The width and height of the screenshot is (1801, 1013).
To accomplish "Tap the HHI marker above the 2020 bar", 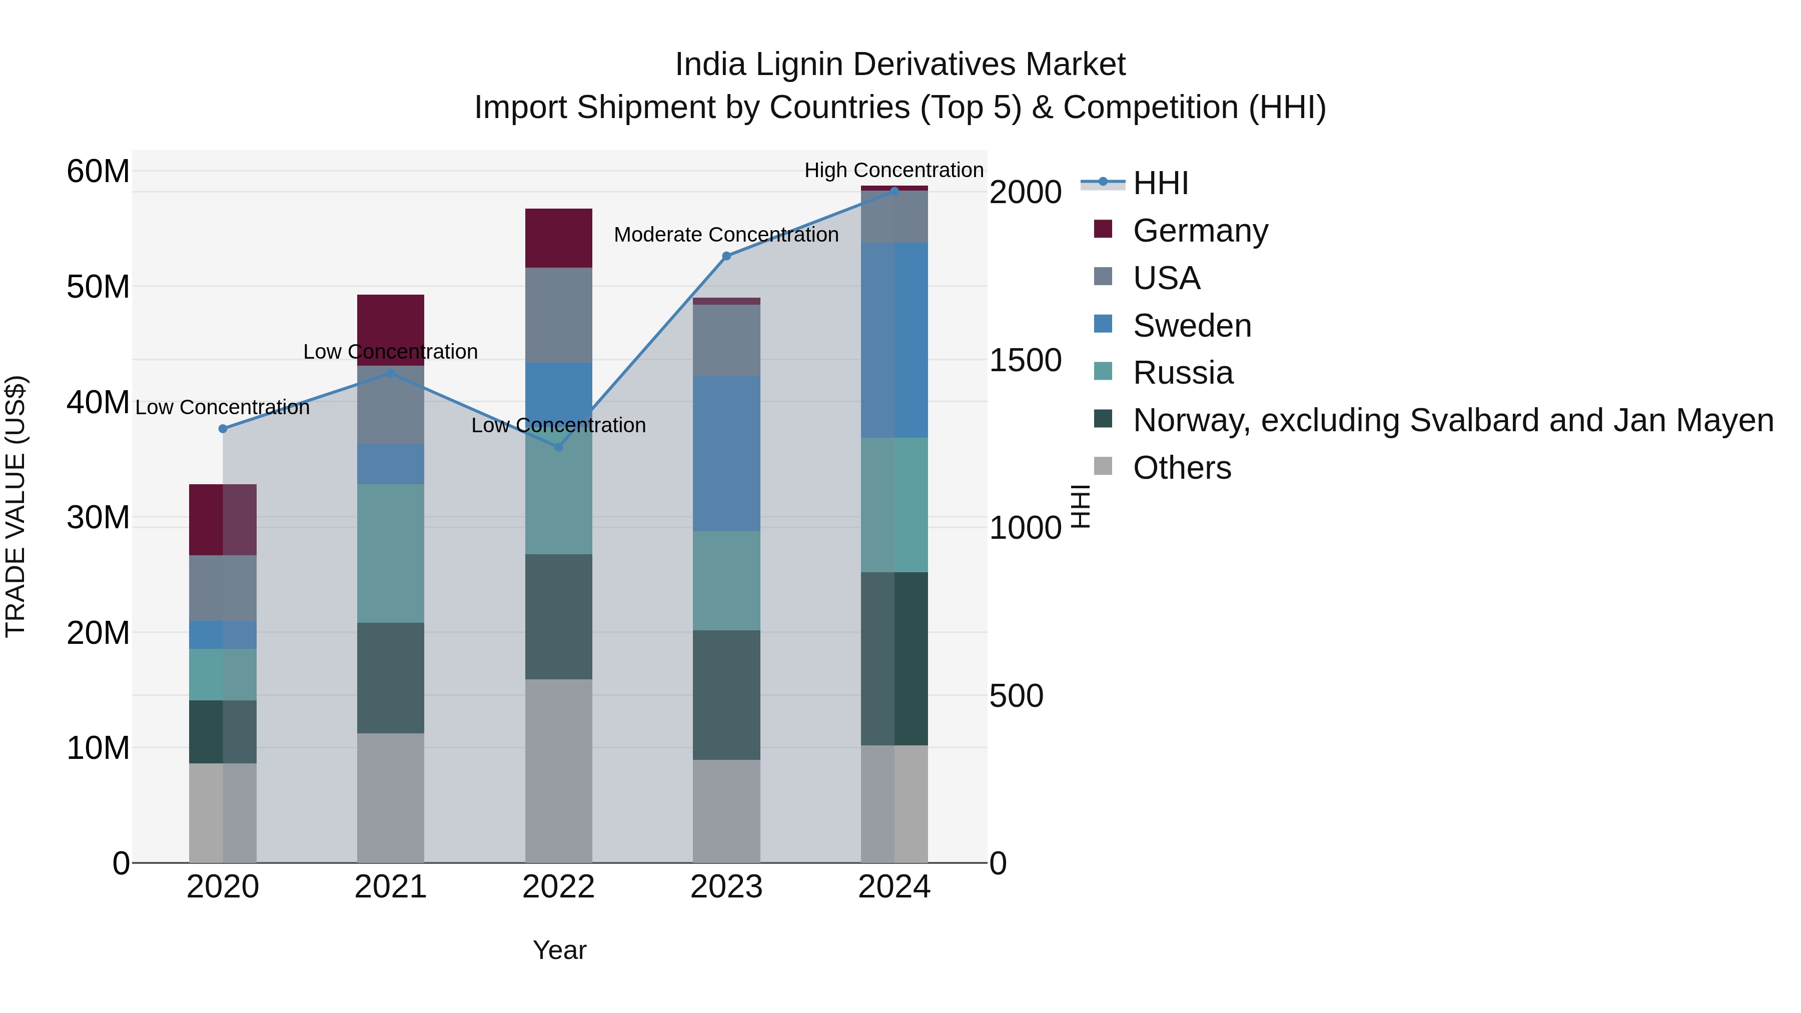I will click(x=223, y=429).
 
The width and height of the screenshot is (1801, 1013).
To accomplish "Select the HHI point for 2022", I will click(x=559, y=447).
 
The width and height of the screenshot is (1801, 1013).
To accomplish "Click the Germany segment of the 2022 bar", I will click(x=559, y=238).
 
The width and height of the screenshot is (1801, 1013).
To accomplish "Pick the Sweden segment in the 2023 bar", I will click(x=726, y=453).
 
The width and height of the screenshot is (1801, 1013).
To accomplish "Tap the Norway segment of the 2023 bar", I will click(x=726, y=695).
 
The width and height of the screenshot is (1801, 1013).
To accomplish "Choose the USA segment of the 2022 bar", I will click(x=559, y=315).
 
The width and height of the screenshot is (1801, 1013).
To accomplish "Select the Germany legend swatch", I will click(x=1103, y=229).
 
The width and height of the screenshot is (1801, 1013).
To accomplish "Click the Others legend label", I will click(x=1182, y=468).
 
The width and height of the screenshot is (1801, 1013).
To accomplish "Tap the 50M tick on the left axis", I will click(x=98, y=287).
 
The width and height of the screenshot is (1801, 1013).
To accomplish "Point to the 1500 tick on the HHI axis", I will click(x=1025, y=360).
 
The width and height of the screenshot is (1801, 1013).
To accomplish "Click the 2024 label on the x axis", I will click(x=893, y=887).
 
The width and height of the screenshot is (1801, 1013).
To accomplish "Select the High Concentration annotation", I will click(x=893, y=170).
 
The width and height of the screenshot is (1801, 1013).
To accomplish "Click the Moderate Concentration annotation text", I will click(x=726, y=235).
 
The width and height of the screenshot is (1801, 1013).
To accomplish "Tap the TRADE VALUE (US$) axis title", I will click(x=16, y=506).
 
